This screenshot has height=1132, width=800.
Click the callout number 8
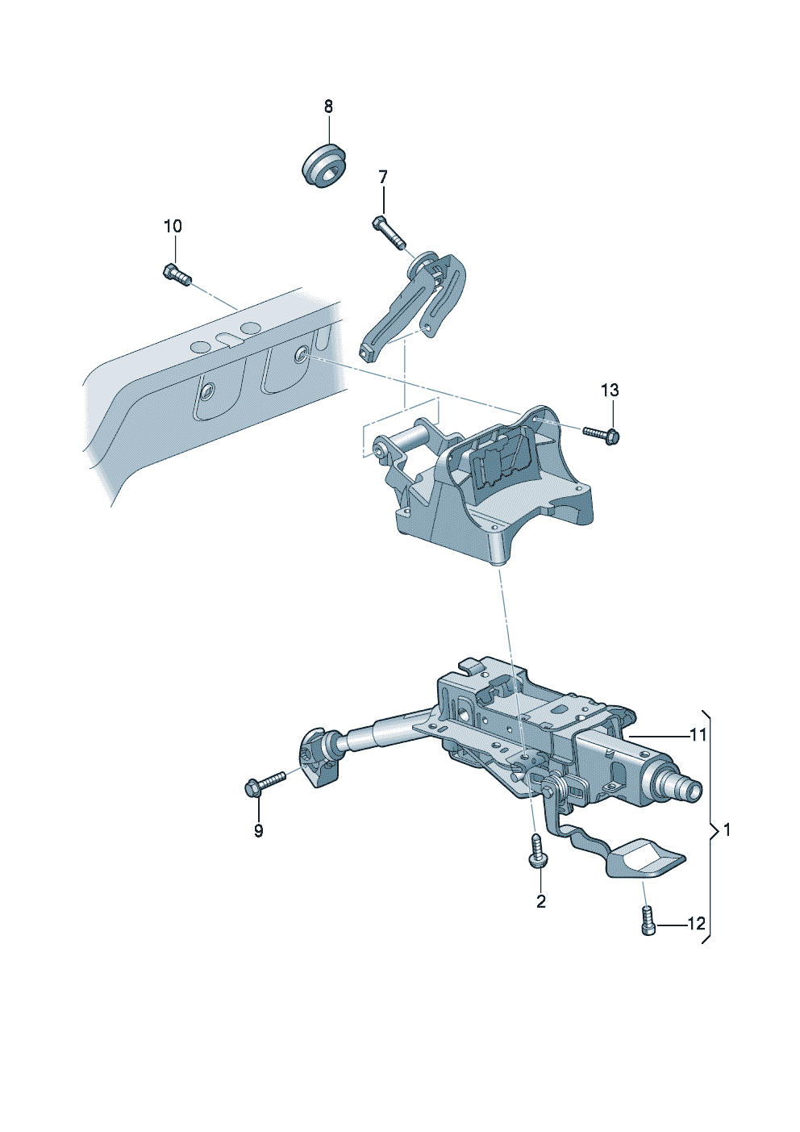pyautogui.click(x=328, y=107)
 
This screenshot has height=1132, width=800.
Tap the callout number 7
pyautogui.click(x=383, y=177)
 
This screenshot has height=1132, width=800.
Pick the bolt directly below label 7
pyautogui.click(x=390, y=232)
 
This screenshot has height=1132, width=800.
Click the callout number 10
pyautogui.click(x=173, y=227)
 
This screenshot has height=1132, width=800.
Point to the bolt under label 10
pyautogui.click(x=177, y=275)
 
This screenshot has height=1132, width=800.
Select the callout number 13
pyautogui.click(x=610, y=391)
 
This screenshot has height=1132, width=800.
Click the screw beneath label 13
pyautogui.click(x=602, y=435)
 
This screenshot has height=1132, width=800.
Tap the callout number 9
pyautogui.click(x=258, y=831)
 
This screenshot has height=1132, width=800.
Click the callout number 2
pyautogui.click(x=540, y=901)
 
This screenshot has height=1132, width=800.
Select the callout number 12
pyautogui.click(x=696, y=924)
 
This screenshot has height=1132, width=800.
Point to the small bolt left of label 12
pyautogui.click(x=648, y=921)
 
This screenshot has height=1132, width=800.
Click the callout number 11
pyautogui.click(x=698, y=735)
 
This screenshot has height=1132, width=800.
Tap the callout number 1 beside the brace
pyautogui.click(x=727, y=829)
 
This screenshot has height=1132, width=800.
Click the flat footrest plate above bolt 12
pyautogui.click(x=645, y=858)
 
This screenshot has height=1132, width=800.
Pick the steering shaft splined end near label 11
pyautogui.click(x=682, y=787)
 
